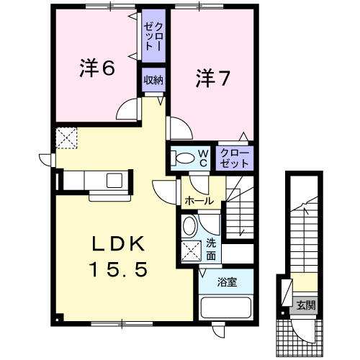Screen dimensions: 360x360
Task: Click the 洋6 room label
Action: click(97, 68)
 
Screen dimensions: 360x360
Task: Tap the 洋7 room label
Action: click(213, 78)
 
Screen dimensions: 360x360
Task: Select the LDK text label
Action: click(118, 243)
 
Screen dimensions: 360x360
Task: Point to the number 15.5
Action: click(118, 269)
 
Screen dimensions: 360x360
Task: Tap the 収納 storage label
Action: click(153, 80)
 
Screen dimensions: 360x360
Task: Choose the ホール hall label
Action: click(199, 200)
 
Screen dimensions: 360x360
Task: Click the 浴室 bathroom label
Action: click(227, 282)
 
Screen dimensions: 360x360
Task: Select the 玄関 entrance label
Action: click(305, 305)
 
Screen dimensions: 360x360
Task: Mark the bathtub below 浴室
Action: click(226, 307)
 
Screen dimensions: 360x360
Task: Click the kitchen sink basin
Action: click(114, 180)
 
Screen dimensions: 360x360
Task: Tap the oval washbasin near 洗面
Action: click(189, 226)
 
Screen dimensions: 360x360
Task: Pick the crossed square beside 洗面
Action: click(191, 251)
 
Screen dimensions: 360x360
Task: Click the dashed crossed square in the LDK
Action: click(66, 138)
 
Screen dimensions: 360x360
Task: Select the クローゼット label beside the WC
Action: click(234, 158)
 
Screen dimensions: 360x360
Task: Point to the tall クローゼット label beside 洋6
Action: click(153, 35)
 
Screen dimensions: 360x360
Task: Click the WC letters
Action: click(204, 158)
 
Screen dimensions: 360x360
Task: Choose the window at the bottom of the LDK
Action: click(122, 324)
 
